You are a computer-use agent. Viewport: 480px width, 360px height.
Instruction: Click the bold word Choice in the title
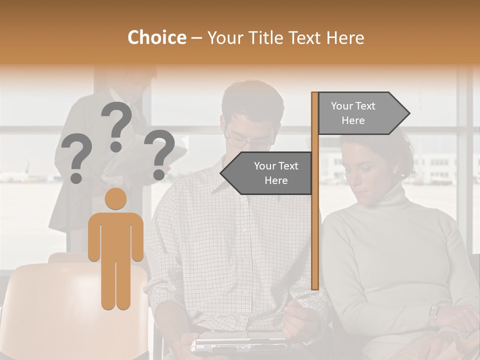tap(156, 37)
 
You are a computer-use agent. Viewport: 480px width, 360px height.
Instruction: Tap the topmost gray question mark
tap(116, 125)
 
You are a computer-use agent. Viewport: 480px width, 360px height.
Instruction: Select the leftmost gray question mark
tap(76, 160)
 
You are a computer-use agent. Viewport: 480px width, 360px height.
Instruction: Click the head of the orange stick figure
tap(115, 198)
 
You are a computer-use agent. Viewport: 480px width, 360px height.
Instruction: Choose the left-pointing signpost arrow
tap(267, 173)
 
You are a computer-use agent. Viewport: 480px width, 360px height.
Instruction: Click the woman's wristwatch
tap(433, 315)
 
